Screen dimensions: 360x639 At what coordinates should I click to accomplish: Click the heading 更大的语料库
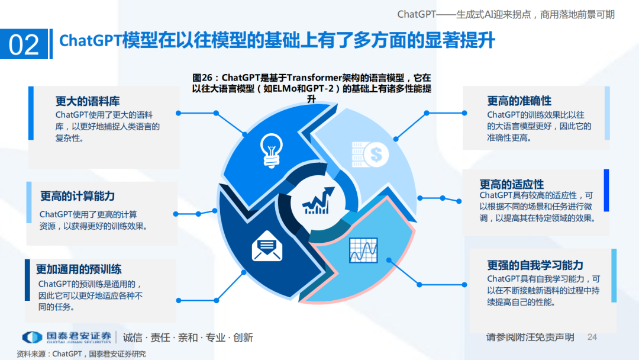[88, 101]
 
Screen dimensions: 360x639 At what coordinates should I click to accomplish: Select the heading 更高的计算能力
[78, 196]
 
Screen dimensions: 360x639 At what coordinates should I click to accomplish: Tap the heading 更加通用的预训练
[79, 269]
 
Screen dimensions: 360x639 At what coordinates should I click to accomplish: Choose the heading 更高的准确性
[519, 101]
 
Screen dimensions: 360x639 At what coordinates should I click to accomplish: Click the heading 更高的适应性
[512, 184]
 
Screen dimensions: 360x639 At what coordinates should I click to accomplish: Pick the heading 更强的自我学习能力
[535, 265]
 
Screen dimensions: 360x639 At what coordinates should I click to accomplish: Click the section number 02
[24, 45]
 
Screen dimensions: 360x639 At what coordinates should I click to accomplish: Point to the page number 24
[592, 337]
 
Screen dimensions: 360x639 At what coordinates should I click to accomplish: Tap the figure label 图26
[205, 78]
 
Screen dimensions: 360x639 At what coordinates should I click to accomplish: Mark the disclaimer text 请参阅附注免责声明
[530, 337]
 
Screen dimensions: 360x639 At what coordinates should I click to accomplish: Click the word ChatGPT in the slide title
[91, 41]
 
